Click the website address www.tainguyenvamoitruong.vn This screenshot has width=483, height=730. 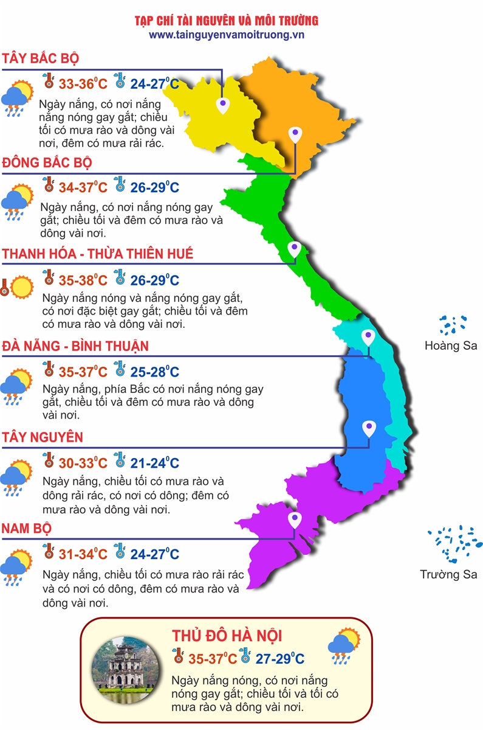[226, 35]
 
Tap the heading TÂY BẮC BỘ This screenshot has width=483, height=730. [41, 58]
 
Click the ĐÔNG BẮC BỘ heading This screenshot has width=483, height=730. [47, 162]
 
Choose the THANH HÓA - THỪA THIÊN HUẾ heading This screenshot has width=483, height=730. [98, 254]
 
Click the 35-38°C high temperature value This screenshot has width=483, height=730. [83, 280]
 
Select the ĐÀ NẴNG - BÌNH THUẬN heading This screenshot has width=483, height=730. [75, 346]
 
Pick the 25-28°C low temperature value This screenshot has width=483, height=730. [154, 372]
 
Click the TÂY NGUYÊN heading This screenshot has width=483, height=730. [43, 437]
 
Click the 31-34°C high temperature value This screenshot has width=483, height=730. [83, 554]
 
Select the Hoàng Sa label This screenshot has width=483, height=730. [451, 346]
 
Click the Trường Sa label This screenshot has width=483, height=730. [448, 574]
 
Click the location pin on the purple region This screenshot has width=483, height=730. [295, 520]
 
